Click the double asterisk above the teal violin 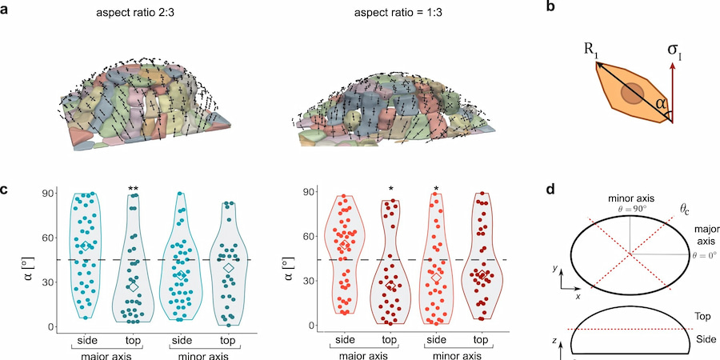134,189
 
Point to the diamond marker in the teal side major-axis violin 86,246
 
